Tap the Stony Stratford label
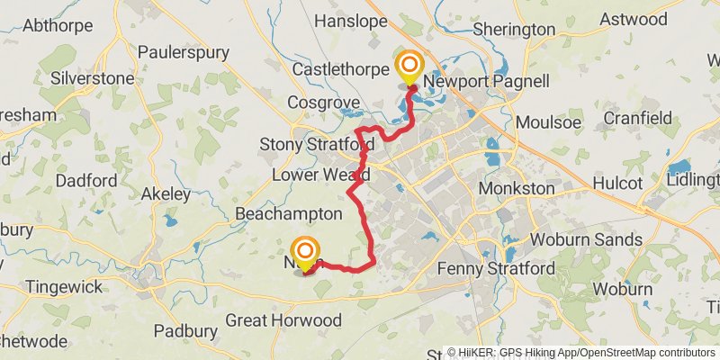[316, 144]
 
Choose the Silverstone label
[93, 78]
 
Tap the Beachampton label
[288, 213]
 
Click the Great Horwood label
[283, 320]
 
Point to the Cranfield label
[637, 118]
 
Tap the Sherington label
[514, 29]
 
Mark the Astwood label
[634, 19]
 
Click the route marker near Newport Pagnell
[409, 67]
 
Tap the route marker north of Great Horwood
[306, 251]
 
